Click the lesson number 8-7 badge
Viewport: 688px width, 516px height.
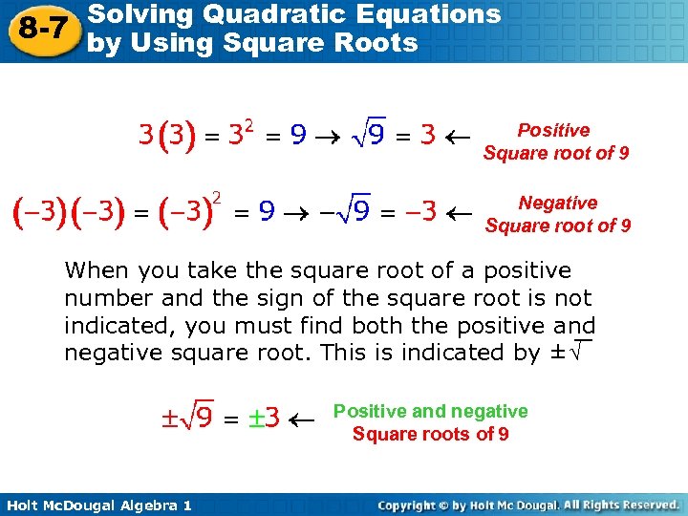(42, 29)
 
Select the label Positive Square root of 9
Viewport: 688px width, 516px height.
(555, 141)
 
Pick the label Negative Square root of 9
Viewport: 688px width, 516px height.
(557, 214)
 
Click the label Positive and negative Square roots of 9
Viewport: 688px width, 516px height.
(430, 422)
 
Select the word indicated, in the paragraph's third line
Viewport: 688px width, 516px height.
(120, 325)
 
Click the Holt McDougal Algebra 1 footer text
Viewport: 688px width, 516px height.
(97, 505)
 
